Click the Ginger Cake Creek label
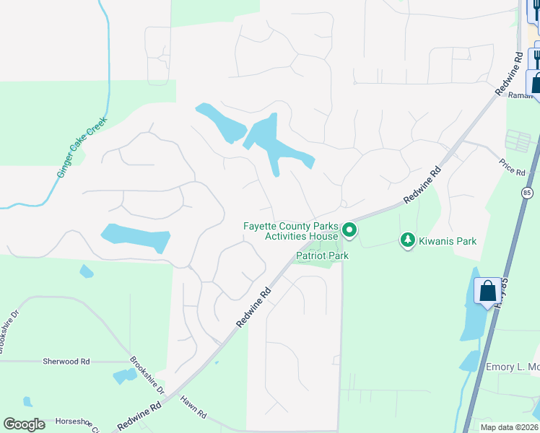tap(82, 148)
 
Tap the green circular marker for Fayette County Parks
tap(349, 231)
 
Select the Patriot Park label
tap(323, 255)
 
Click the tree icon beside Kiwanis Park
tap(408, 240)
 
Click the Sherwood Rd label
tap(66, 361)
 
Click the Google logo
tap(25, 424)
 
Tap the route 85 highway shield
tap(527, 193)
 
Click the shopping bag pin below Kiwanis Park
tap(487, 292)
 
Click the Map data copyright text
tap(509, 427)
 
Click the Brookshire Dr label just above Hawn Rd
tap(147, 375)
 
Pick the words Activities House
tap(301, 236)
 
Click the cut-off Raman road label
tap(519, 95)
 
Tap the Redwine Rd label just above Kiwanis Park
tap(422, 185)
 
